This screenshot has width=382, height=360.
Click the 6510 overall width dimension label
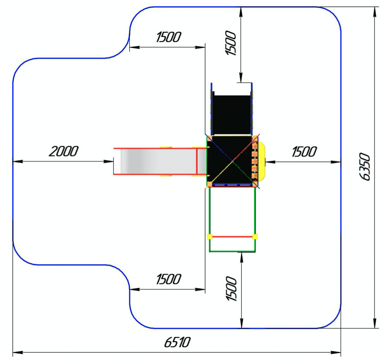(x=177, y=342)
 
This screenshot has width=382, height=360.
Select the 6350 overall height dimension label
(x=365, y=166)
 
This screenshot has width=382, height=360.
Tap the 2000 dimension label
(x=64, y=151)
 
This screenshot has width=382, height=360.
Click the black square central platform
(x=232, y=160)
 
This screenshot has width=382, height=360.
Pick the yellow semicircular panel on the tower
(x=261, y=161)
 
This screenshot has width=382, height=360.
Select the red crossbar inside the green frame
(x=232, y=237)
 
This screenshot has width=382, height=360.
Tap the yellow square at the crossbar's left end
(x=209, y=237)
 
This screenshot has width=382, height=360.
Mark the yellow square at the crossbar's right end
(x=255, y=237)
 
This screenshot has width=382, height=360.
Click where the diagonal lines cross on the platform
(x=232, y=161)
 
